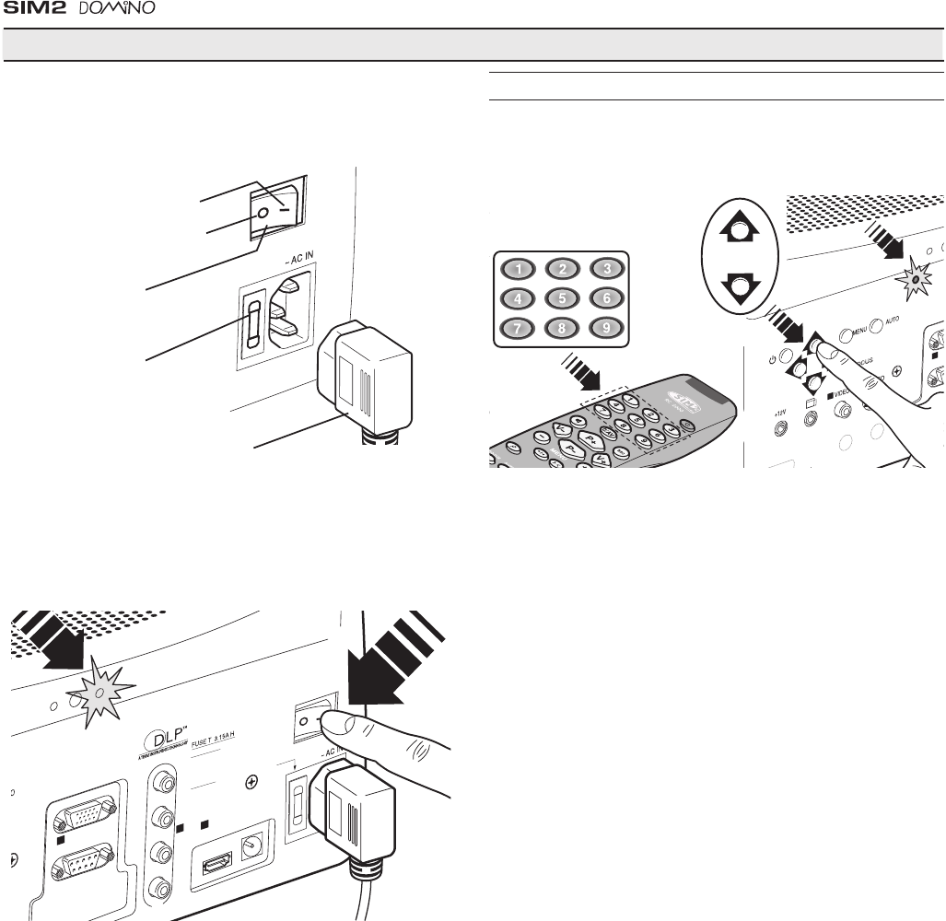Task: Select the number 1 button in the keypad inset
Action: (519, 270)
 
